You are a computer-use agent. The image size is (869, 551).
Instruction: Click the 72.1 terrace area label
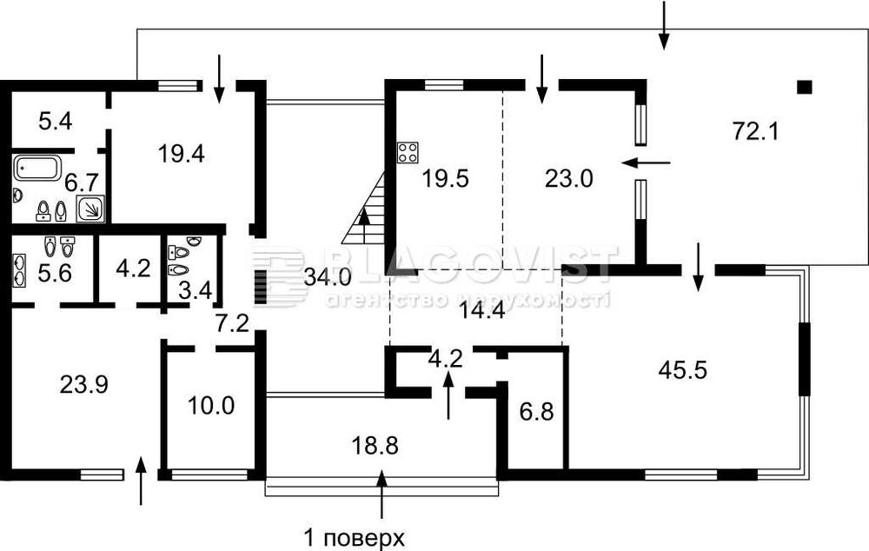click(x=755, y=132)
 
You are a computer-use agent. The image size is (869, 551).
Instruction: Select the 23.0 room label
click(x=569, y=179)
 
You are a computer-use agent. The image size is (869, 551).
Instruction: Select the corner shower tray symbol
click(x=90, y=208)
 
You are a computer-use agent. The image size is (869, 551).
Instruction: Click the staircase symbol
click(x=367, y=212)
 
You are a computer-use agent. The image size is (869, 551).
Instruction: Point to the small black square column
click(x=805, y=86)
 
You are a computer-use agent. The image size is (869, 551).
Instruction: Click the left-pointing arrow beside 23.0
click(x=647, y=162)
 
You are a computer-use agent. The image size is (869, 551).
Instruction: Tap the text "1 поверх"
click(x=354, y=536)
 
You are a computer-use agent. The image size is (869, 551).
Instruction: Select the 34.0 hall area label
click(x=328, y=278)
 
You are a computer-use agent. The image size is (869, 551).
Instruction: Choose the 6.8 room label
click(x=536, y=410)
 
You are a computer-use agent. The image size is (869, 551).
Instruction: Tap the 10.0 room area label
click(x=212, y=406)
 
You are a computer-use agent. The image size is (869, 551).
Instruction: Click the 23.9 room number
click(x=84, y=383)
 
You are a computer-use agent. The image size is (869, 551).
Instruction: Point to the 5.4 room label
click(x=55, y=121)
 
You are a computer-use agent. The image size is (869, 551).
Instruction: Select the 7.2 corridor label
click(x=232, y=324)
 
